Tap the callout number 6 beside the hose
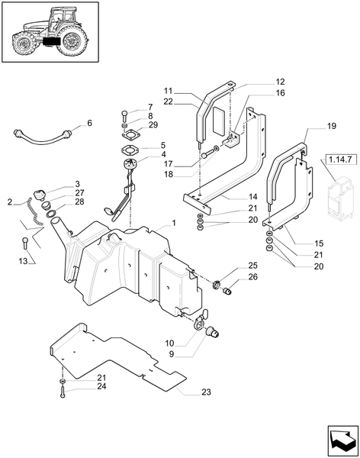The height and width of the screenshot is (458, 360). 89,123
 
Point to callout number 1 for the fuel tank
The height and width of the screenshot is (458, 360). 173,223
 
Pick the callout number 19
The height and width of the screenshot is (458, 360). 310,124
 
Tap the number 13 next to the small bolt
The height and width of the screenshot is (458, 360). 22,261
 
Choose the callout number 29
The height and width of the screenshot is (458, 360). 153,125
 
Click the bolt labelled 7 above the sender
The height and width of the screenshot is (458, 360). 124,117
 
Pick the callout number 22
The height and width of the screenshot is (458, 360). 168,102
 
